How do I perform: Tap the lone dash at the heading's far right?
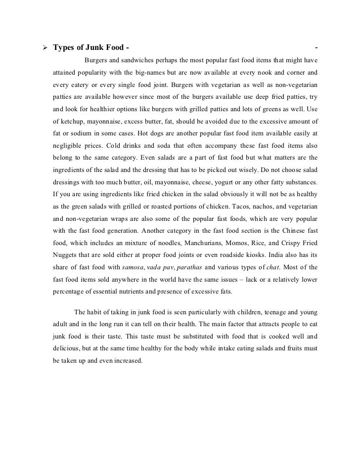tap(316, 48)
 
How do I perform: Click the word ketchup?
tap(75, 121)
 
